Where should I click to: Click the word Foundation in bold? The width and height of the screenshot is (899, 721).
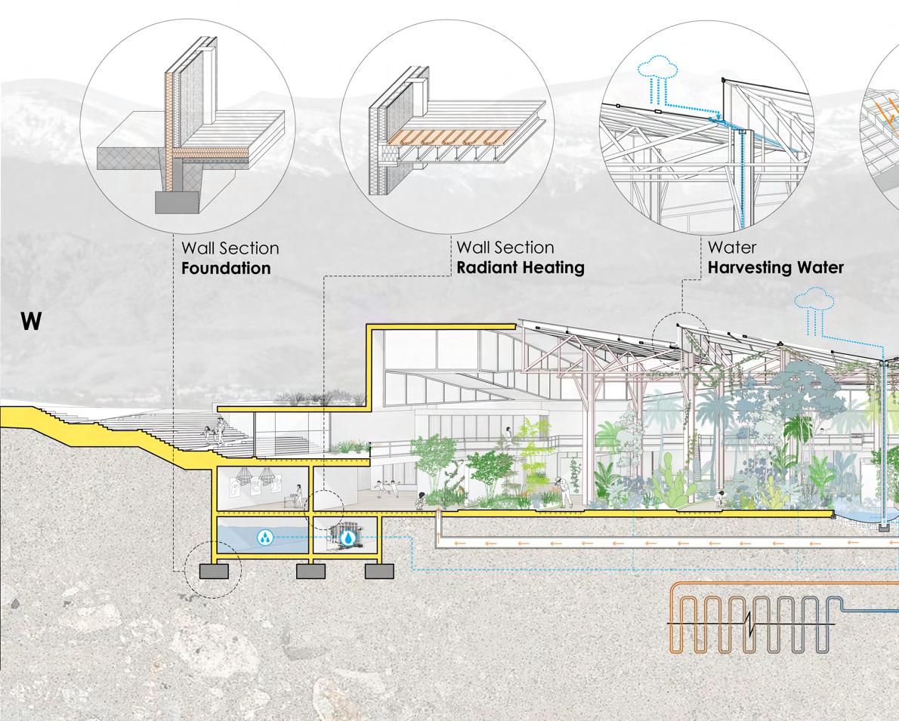click(x=226, y=268)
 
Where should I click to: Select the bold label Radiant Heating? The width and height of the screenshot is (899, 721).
click(x=520, y=267)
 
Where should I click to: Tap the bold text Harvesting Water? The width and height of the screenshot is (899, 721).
click(x=775, y=267)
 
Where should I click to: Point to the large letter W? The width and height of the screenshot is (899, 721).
click(x=31, y=322)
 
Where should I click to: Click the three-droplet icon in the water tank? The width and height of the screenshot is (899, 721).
click(x=264, y=537)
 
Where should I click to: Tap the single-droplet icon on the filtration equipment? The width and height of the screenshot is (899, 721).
click(x=348, y=538)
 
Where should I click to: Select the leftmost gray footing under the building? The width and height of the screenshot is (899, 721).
click(x=214, y=572)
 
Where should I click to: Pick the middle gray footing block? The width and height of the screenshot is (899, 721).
click(x=310, y=572)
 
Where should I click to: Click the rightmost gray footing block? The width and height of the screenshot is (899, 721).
click(x=379, y=572)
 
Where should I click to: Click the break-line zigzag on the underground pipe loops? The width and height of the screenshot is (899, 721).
click(x=749, y=624)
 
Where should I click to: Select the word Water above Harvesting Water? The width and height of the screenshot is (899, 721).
click(x=731, y=247)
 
